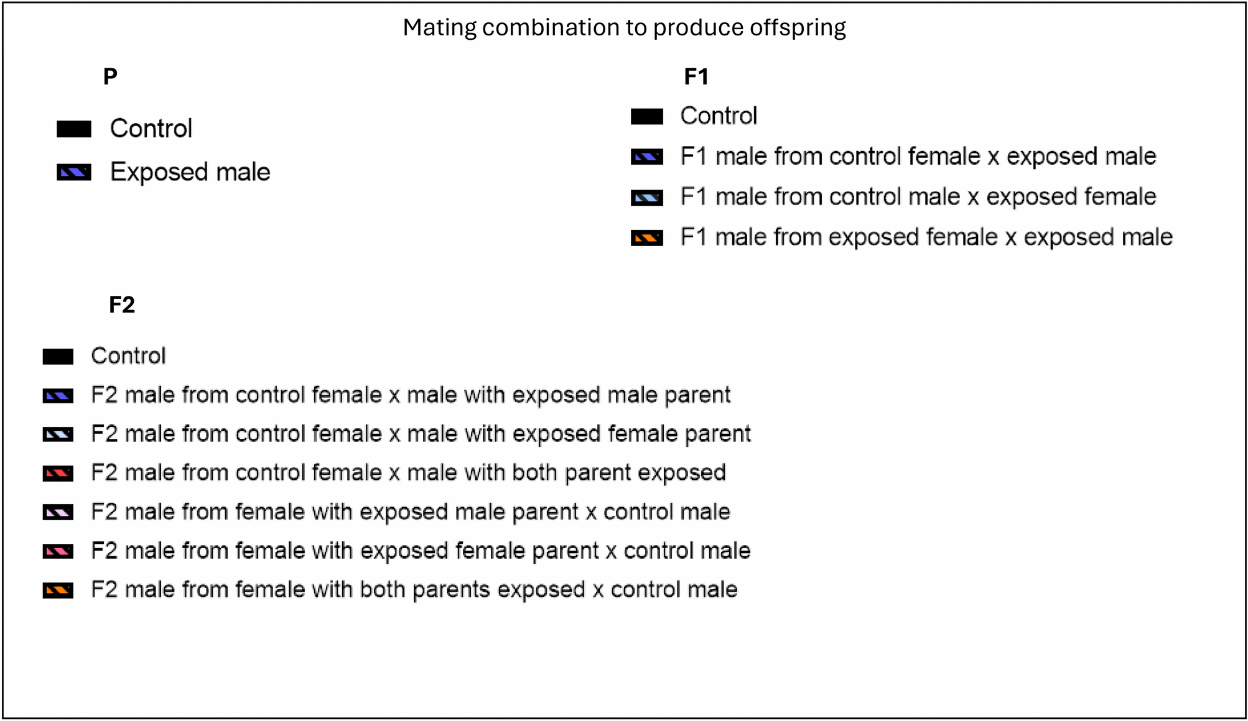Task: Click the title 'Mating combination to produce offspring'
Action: (624, 28)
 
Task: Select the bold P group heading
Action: (110, 76)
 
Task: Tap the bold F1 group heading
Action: (696, 76)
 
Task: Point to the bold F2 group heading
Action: (122, 305)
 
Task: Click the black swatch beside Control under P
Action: (74, 129)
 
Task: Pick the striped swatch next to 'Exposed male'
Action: (74, 172)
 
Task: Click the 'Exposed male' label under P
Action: (190, 172)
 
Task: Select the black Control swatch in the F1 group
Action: (647, 116)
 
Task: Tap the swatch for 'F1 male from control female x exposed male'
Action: (647, 157)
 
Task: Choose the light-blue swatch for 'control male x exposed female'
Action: (647, 198)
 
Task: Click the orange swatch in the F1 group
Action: (647, 238)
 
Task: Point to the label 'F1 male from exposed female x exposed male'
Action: (926, 237)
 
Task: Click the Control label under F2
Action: (128, 356)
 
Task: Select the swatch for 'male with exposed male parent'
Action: (58, 395)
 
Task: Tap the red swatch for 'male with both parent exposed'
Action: (58, 474)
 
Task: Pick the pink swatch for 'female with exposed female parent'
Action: (58, 551)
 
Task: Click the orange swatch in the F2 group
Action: (58, 590)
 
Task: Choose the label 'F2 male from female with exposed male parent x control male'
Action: (410, 512)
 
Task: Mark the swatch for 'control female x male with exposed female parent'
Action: (58, 434)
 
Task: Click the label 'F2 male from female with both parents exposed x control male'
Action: (414, 590)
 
